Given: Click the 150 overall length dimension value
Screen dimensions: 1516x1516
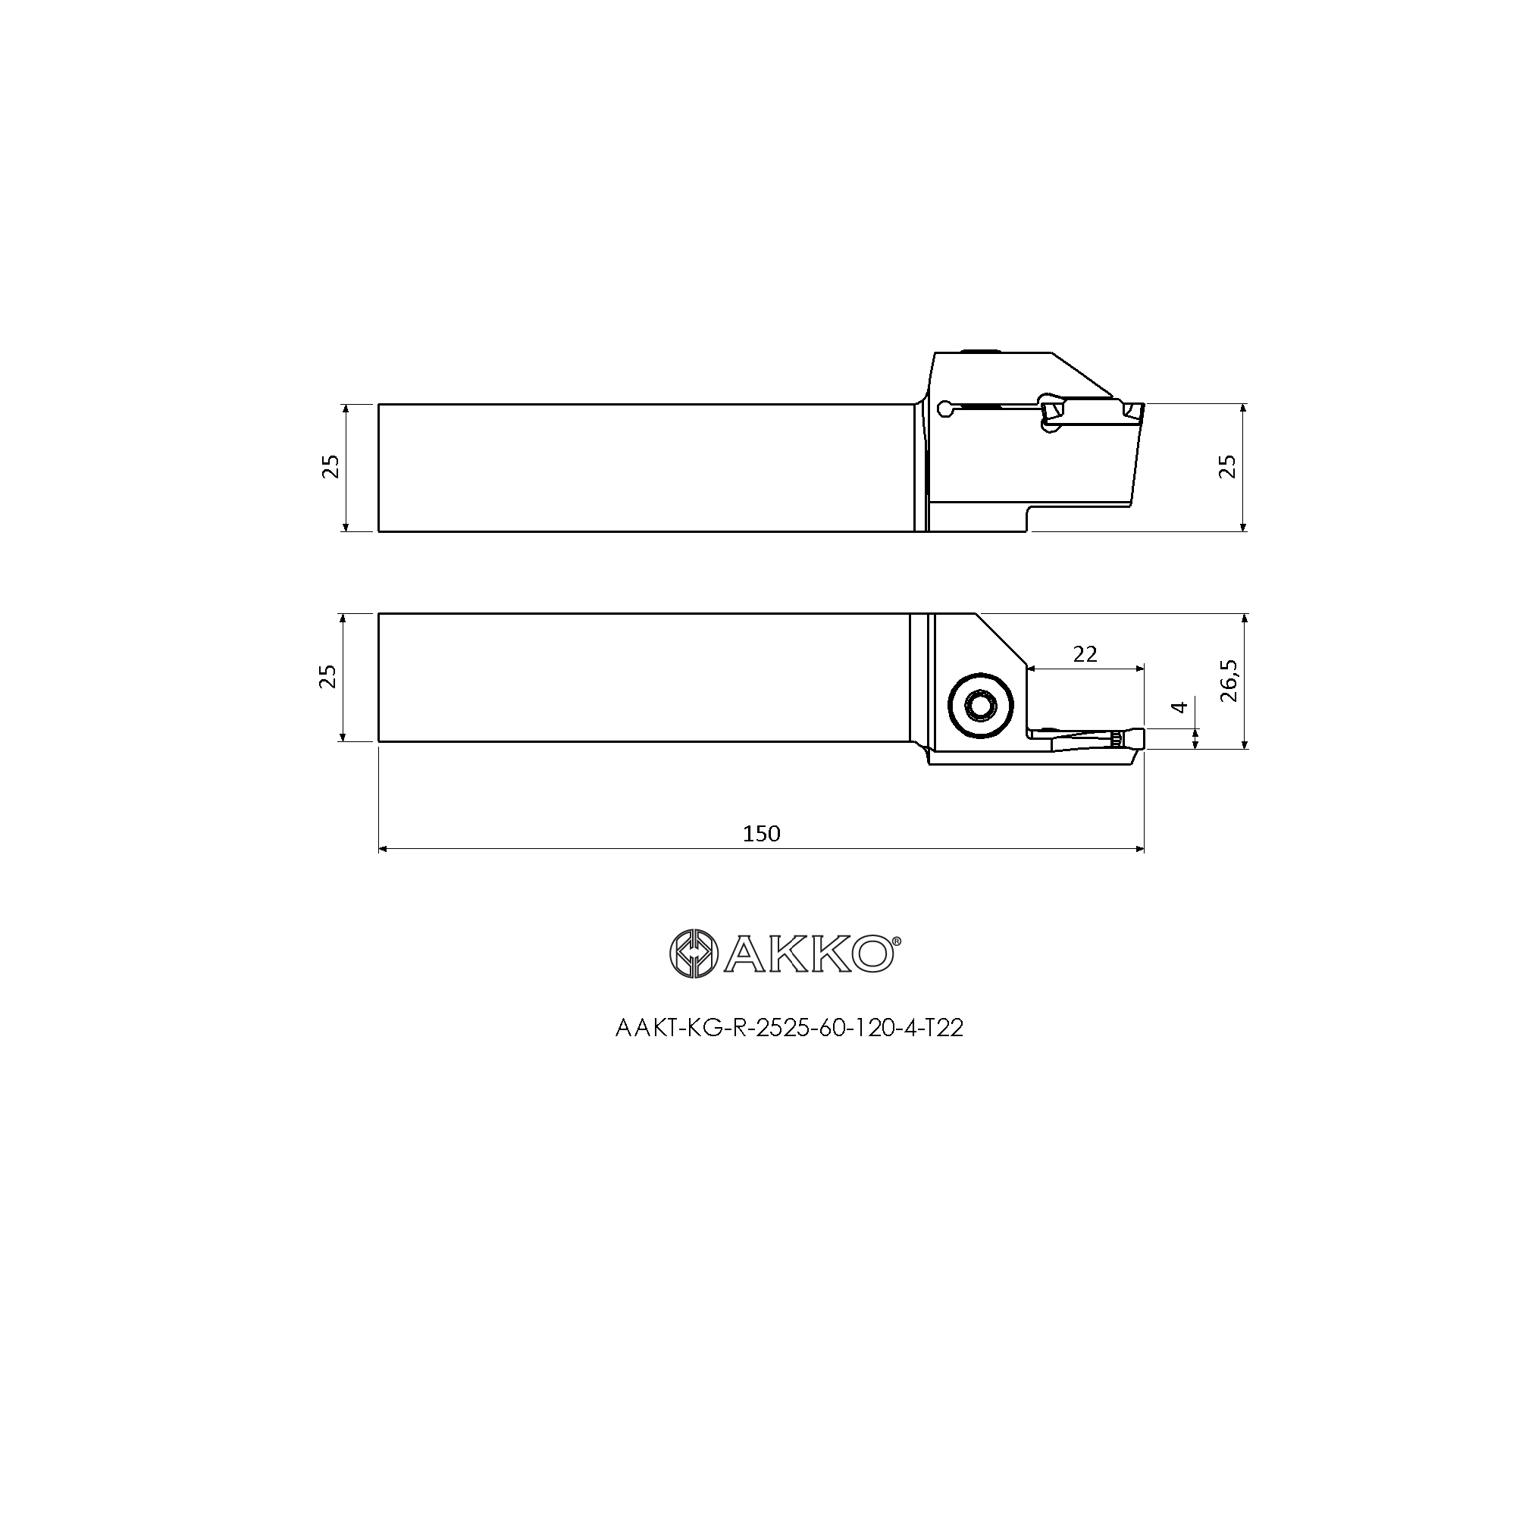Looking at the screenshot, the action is [x=761, y=833].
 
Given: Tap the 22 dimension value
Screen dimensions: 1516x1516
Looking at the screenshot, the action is [x=1085, y=653].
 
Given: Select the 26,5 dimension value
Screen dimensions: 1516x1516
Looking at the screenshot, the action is [x=1229, y=681].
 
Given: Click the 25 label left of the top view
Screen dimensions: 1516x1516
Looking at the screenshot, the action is [x=332, y=467].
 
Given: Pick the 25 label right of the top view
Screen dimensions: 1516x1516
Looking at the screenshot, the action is [x=1229, y=467].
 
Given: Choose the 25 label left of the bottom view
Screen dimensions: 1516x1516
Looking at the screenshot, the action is [x=329, y=676].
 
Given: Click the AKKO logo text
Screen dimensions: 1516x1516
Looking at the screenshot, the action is [x=807, y=954].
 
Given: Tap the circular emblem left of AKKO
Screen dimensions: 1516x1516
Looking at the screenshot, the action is [x=694, y=954].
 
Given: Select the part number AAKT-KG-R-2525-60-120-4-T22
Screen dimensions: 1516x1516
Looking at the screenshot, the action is [x=789, y=1028].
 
